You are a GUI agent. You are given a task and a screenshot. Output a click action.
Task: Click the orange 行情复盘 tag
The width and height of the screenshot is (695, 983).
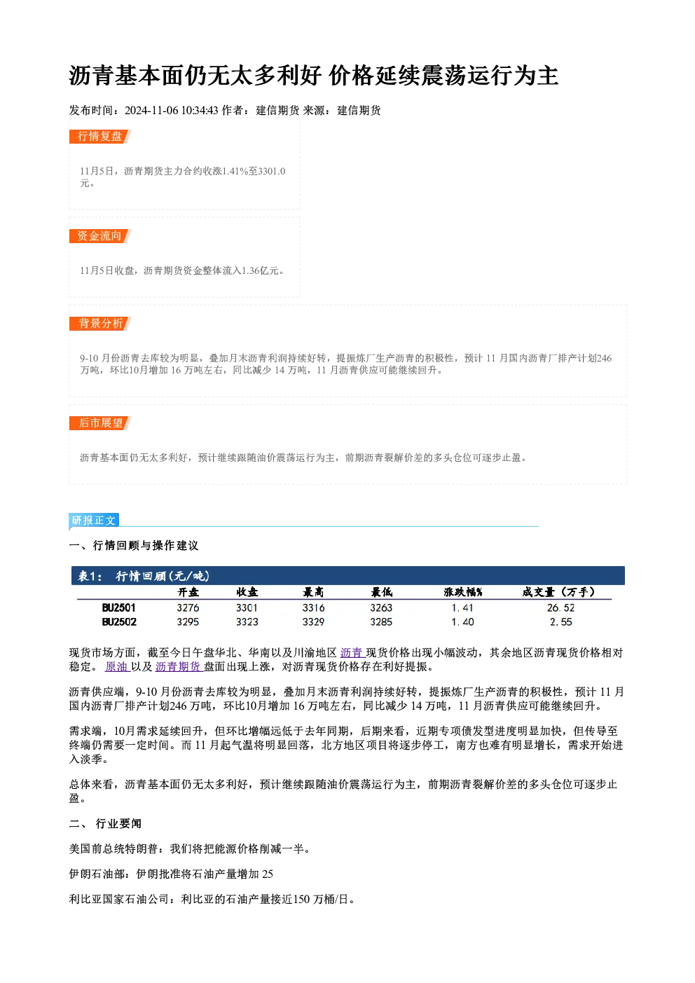point(99,137)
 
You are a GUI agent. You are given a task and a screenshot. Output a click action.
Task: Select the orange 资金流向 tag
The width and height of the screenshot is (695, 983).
point(99,236)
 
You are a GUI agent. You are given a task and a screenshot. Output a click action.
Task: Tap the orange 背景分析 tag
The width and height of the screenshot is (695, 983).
point(99,324)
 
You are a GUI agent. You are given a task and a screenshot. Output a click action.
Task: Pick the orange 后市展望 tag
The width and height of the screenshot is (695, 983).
point(99,423)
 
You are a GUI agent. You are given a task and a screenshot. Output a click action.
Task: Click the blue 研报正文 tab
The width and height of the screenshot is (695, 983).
point(94,520)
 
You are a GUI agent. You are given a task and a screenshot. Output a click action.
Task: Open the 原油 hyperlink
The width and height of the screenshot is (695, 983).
point(117,666)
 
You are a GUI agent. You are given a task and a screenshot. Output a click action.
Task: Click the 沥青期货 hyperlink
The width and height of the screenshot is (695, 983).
point(178,666)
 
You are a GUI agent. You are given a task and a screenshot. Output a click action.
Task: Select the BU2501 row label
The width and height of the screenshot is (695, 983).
point(119,607)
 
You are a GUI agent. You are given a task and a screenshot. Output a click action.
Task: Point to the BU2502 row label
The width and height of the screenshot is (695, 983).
point(119,622)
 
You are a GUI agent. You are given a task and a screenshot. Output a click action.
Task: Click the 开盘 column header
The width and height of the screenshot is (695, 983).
point(188,593)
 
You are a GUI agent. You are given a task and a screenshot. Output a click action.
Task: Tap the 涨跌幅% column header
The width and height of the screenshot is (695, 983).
point(463,593)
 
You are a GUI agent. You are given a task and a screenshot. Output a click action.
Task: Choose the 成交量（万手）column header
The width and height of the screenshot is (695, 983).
point(558,593)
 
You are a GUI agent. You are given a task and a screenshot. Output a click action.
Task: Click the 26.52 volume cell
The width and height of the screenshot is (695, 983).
point(560,607)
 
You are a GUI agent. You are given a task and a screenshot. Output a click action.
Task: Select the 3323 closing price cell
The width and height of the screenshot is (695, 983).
point(247,622)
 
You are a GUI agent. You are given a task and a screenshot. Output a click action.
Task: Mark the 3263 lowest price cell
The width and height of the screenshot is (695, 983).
point(381,607)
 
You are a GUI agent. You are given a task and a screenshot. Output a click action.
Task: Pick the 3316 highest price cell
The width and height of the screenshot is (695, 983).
point(313,607)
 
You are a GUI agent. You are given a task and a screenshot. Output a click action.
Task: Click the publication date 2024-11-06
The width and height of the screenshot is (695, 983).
point(151,111)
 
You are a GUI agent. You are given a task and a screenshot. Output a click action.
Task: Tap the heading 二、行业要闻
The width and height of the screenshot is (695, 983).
point(105,824)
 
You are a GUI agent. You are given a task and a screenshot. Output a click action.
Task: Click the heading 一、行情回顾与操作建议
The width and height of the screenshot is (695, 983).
point(134,546)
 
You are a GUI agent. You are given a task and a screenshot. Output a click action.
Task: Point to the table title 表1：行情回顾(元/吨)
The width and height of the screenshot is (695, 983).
point(144,576)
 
